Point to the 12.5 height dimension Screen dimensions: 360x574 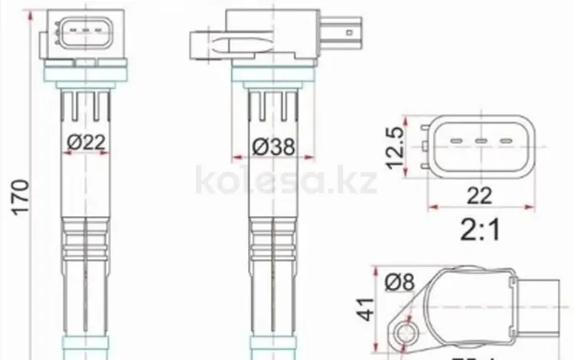coord(395,147)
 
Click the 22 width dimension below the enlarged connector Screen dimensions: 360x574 coord(480,196)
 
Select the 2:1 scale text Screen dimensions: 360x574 coord(480,229)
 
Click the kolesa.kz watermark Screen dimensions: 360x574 coord(287,182)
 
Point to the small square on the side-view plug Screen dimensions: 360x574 coord(350,33)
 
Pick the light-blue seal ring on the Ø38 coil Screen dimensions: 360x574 coord(272,75)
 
